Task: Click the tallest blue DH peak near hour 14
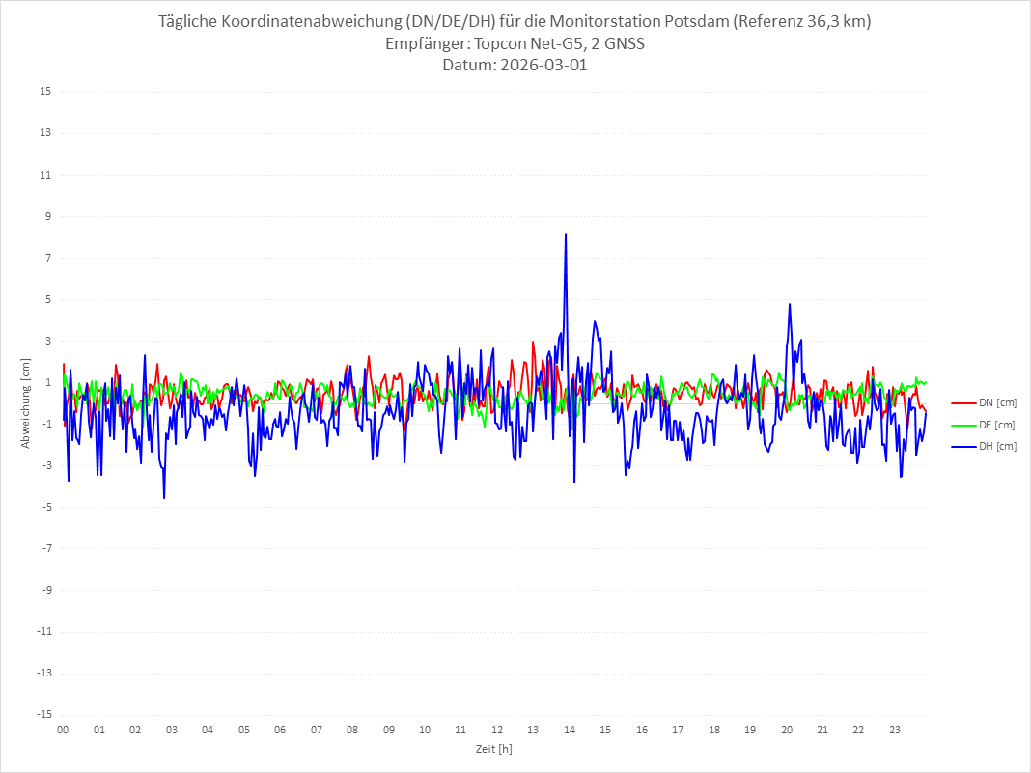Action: (566, 234)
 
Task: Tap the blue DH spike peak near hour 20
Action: (790, 305)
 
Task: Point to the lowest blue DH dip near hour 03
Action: (164, 498)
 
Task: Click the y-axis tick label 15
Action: (45, 92)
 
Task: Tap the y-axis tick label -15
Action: (43, 714)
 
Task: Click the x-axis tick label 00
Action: (63, 730)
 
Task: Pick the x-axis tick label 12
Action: (497, 730)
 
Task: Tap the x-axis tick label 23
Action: (895, 730)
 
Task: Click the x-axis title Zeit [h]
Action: (493, 749)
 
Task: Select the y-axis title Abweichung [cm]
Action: (26, 403)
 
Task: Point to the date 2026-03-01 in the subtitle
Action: (543, 66)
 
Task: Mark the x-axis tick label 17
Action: (678, 730)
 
